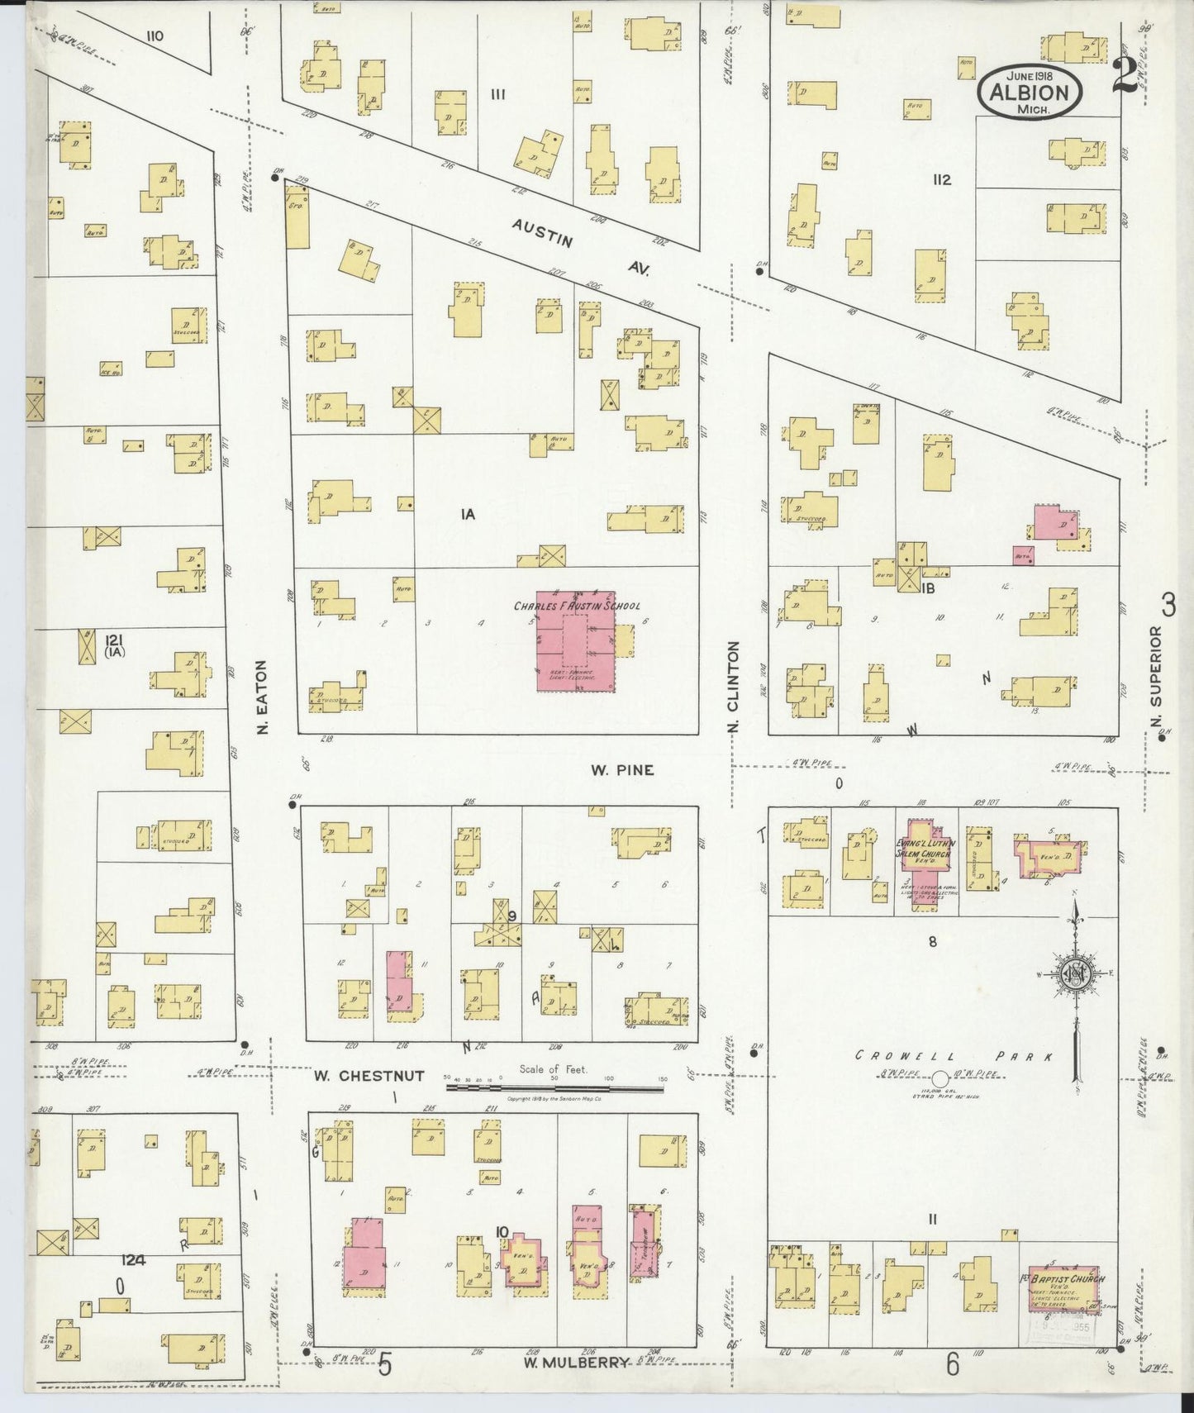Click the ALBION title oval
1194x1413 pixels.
coord(1030,93)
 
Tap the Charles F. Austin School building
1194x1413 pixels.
coord(576,640)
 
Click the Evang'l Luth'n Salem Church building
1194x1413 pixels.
coord(925,857)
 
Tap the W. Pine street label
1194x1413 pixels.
coord(622,769)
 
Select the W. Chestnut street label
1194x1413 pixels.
coord(369,1075)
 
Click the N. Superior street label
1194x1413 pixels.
coord(1155,667)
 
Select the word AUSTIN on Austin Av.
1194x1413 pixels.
coord(541,231)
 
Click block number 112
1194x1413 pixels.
coord(941,179)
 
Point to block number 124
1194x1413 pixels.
coord(133,1260)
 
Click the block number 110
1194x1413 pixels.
coord(154,36)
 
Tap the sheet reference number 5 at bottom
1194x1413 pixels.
coord(384,1365)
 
